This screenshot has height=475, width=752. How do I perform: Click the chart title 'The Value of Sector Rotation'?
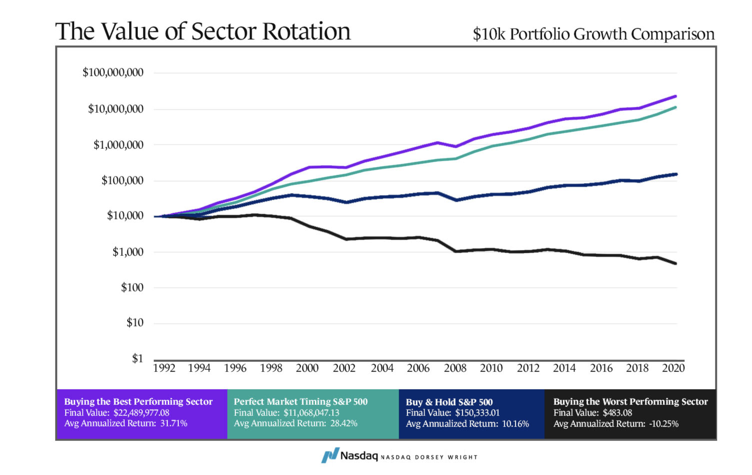pyautogui.click(x=203, y=31)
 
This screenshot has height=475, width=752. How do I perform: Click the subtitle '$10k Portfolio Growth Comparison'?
pyautogui.click(x=593, y=34)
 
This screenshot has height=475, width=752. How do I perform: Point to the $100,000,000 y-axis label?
pyautogui.click(x=113, y=73)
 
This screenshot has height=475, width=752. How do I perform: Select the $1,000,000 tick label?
pyautogui.click(x=118, y=145)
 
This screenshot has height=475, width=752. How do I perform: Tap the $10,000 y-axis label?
pyautogui.click(x=125, y=216)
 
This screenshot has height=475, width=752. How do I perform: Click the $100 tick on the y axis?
pyautogui.click(x=132, y=287)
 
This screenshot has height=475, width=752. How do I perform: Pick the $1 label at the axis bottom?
pyautogui.click(x=138, y=359)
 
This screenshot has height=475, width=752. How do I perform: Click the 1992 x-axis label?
pyautogui.click(x=164, y=368)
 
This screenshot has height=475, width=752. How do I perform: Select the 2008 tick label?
pyautogui.click(x=455, y=368)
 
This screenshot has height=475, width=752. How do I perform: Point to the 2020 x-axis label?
pyautogui.click(x=673, y=368)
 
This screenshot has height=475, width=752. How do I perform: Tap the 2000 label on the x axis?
pyautogui.click(x=307, y=368)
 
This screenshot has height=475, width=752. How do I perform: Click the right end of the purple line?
pyautogui.click(x=676, y=97)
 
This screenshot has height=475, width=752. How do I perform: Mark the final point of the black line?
pyautogui.click(x=676, y=264)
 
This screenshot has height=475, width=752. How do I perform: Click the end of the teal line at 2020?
pyautogui.click(x=676, y=107)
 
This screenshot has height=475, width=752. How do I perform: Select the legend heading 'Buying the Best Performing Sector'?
pyautogui.click(x=138, y=401)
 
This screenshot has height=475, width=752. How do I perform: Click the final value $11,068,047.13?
pyautogui.click(x=311, y=413)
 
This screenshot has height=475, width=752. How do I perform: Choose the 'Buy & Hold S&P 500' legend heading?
pyautogui.click(x=449, y=402)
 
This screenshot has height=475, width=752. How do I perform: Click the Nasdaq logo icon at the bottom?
pyautogui.click(x=330, y=455)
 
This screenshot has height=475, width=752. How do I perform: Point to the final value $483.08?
pyautogui.click(x=617, y=413)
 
